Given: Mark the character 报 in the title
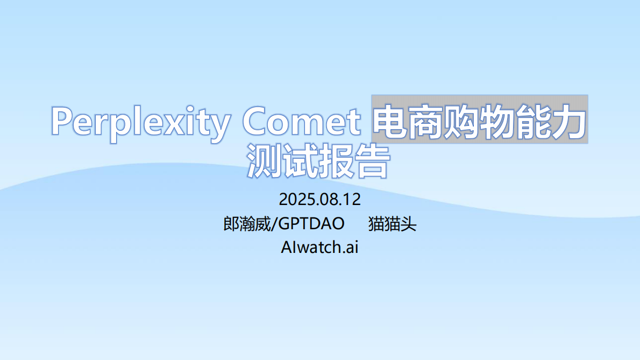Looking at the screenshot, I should click(x=336, y=160).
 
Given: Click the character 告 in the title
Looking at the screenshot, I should click(x=371, y=160).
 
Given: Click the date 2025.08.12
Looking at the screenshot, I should click(x=319, y=200).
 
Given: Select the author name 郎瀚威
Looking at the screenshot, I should click(x=247, y=223).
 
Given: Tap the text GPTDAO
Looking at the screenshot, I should click(x=311, y=223).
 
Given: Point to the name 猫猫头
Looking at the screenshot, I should click(x=392, y=223).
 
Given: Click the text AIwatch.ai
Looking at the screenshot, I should click(x=319, y=247).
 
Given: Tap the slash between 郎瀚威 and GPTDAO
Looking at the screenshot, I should click(x=274, y=223).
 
